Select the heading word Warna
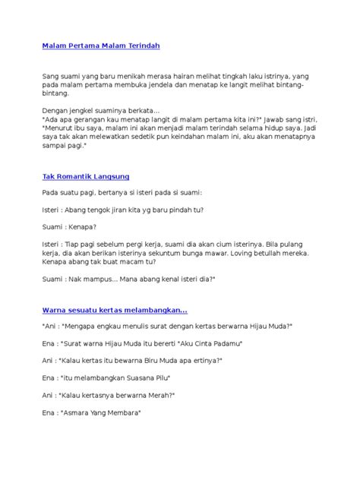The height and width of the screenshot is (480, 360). (x=55, y=310)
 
